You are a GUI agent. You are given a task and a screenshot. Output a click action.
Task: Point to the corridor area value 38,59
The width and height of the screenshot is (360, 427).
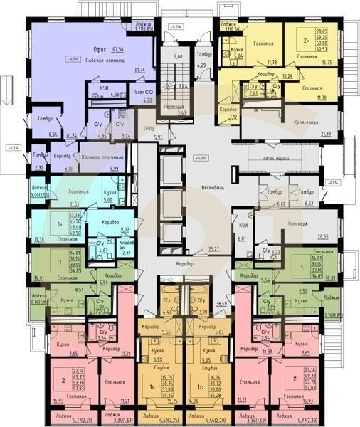221,303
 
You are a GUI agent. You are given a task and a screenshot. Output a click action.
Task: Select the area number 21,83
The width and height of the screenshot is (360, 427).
325,134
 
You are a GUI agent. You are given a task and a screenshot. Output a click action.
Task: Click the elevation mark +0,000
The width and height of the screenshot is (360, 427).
201,157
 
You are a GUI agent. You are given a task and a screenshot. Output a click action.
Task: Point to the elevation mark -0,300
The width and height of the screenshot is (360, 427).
70,58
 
